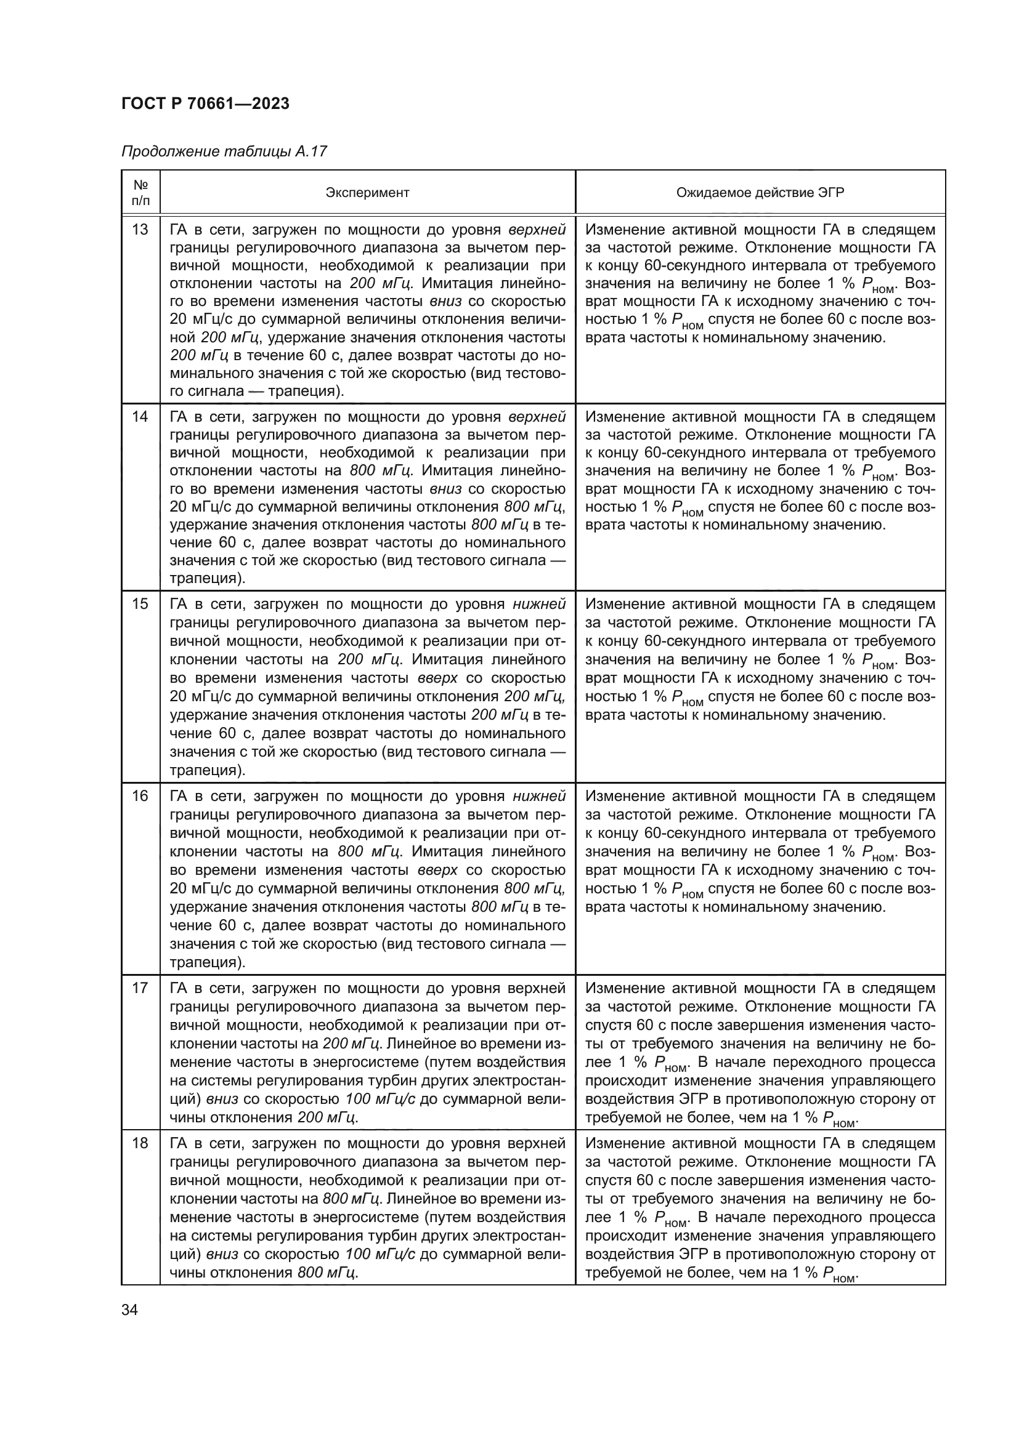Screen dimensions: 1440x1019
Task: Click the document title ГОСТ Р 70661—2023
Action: (x=205, y=103)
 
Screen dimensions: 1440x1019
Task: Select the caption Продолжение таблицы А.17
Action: (x=224, y=151)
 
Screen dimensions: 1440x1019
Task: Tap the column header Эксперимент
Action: (x=367, y=193)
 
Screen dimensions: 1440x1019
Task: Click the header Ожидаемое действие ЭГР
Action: (x=760, y=193)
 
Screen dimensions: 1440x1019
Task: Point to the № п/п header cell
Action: (x=140, y=193)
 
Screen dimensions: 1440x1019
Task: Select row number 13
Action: (x=140, y=230)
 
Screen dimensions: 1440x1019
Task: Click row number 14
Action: (x=140, y=417)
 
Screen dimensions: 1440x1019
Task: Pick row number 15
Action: (x=140, y=604)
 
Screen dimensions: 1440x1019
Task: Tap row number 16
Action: (x=140, y=796)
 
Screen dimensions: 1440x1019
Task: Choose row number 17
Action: (x=140, y=989)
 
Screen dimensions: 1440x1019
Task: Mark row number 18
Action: (x=140, y=1143)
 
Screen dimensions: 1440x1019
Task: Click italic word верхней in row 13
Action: (x=537, y=230)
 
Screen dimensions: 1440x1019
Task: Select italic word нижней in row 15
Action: (x=539, y=604)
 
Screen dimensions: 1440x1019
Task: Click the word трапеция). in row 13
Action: (x=306, y=392)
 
